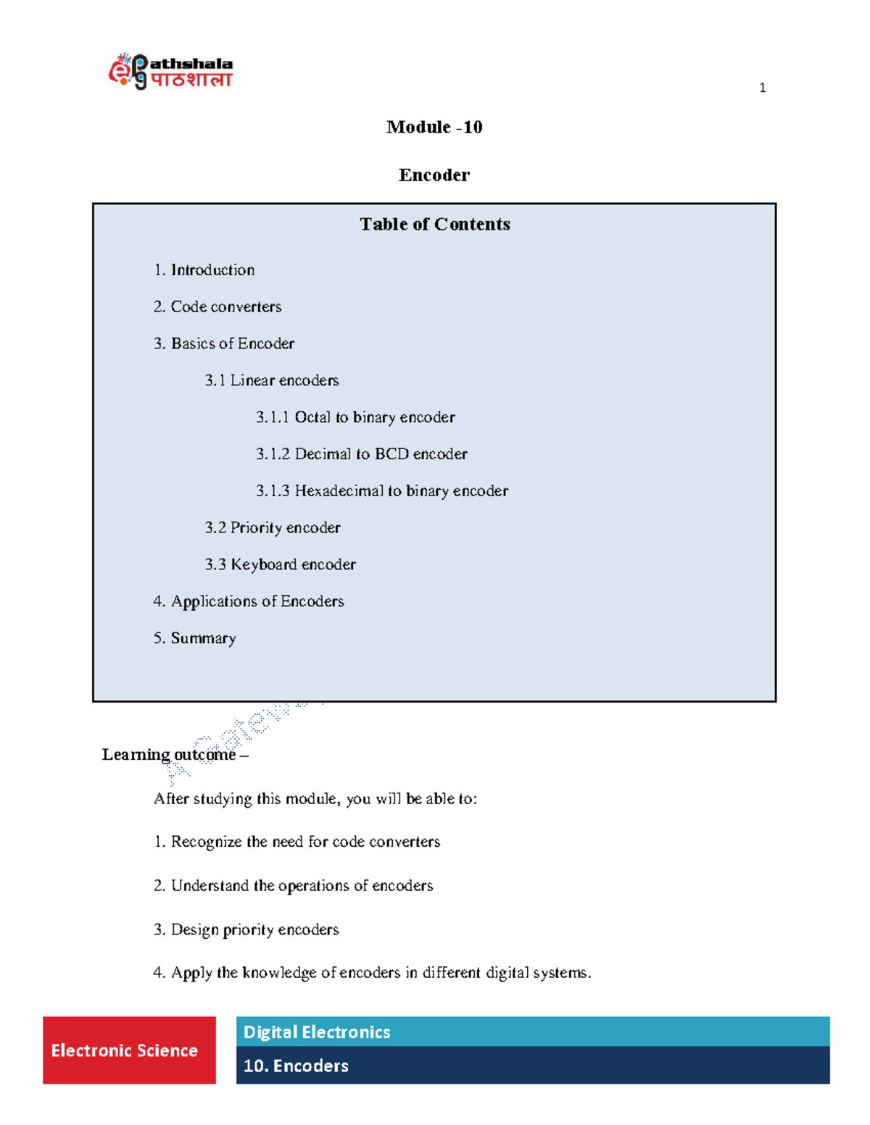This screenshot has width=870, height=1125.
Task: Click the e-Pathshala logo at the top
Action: pyautogui.click(x=170, y=71)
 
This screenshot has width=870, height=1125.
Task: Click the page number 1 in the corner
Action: pyautogui.click(x=762, y=88)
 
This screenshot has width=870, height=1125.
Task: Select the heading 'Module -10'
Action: pyautogui.click(x=434, y=127)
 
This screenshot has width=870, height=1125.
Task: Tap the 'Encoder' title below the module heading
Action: pyautogui.click(x=434, y=175)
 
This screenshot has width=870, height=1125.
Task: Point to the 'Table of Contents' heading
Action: pyautogui.click(x=435, y=225)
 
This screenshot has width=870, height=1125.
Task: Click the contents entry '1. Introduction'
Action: pyautogui.click(x=204, y=270)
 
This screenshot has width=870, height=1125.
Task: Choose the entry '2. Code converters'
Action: pyautogui.click(x=217, y=307)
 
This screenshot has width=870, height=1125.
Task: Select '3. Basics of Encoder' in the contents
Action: pyautogui.click(x=224, y=344)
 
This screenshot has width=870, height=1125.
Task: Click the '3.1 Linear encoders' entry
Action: pyautogui.click(x=272, y=381)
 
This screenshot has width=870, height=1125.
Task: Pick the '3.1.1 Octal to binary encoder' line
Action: pyautogui.click(x=355, y=418)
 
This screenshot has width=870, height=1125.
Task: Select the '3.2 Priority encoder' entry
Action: pyautogui.click(x=273, y=528)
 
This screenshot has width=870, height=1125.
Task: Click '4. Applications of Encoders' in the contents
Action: pyautogui.click(x=249, y=602)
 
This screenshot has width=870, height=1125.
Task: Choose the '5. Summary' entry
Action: pyautogui.click(x=194, y=639)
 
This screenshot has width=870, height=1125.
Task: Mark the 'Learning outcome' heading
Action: pyautogui.click(x=169, y=755)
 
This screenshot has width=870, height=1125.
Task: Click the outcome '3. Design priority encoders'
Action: pyautogui.click(x=246, y=930)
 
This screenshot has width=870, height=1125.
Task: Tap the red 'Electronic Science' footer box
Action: pyautogui.click(x=129, y=1050)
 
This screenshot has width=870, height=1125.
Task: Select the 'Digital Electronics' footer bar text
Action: pyautogui.click(x=317, y=1032)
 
